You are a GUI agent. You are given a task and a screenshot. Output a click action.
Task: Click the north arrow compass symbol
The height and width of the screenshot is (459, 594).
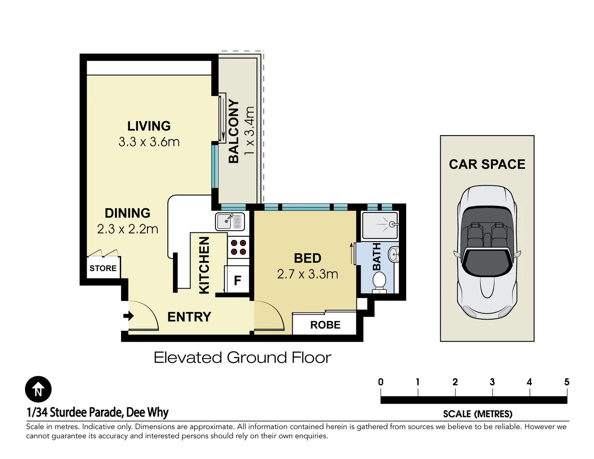pyautogui.click(x=38, y=389)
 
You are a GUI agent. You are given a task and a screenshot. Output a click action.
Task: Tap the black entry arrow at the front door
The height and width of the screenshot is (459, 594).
pyautogui.click(x=128, y=316)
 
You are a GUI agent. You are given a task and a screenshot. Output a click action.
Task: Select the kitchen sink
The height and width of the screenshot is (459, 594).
pyautogui.click(x=230, y=221)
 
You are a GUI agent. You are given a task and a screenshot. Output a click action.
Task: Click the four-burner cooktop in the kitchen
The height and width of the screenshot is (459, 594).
pyautogui.click(x=238, y=247)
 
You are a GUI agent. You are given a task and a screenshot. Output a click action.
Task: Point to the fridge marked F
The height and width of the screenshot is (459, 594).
pyautogui.click(x=237, y=279)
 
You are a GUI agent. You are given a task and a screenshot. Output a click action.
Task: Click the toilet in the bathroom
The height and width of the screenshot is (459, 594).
pyautogui.click(x=379, y=283)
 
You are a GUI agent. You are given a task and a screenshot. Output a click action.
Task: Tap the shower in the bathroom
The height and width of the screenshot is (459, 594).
pyautogui.click(x=380, y=225)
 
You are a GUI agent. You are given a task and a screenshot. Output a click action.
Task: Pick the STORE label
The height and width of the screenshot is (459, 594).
pyautogui.click(x=103, y=268)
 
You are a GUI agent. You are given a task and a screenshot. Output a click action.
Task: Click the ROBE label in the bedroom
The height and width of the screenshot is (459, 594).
pyautogui.click(x=325, y=325)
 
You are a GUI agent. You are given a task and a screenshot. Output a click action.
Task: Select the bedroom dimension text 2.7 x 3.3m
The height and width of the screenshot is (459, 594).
pyautogui.click(x=308, y=274)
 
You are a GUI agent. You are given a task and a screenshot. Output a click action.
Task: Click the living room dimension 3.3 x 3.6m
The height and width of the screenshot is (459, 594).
pyautogui.click(x=149, y=142)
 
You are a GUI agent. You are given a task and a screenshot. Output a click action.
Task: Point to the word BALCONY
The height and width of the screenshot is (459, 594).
pyautogui.click(x=234, y=131)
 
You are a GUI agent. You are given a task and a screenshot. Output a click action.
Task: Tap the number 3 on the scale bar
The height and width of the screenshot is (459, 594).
pyautogui.click(x=492, y=382)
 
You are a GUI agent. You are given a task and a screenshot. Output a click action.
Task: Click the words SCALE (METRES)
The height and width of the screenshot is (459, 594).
pyautogui.click(x=478, y=414)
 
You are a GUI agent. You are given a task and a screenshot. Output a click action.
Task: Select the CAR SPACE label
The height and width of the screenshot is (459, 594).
pyautogui.click(x=487, y=164)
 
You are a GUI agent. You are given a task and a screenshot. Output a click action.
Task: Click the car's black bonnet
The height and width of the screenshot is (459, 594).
pyautogui.click(x=487, y=263)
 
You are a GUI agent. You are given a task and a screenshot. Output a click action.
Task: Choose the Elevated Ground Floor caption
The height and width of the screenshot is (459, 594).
pyautogui.click(x=243, y=357)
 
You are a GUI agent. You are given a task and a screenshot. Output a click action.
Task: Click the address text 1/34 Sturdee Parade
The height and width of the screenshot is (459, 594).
pyautogui.click(x=74, y=412)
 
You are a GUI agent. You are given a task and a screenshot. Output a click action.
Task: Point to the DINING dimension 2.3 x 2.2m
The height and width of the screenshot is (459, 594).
pyautogui.click(x=127, y=229)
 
